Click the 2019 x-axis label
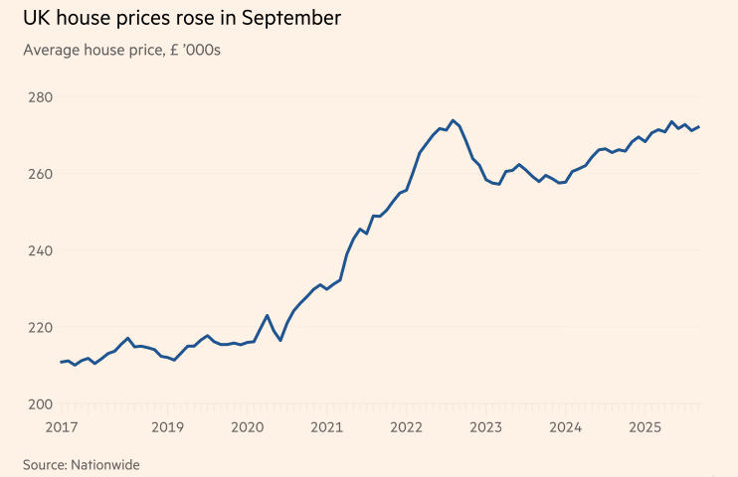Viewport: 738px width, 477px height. (x=167, y=427)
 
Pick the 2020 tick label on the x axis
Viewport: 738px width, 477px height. (x=247, y=427)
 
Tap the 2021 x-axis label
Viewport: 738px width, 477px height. (x=326, y=427)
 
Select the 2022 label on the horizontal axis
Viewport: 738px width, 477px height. (x=406, y=427)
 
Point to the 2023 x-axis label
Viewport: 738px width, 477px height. (x=485, y=427)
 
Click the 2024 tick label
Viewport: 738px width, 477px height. (x=565, y=427)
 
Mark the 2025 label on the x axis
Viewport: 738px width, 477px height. (x=645, y=427)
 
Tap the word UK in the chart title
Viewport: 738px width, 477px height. (x=36, y=18)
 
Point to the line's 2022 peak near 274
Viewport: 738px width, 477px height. (x=453, y=120)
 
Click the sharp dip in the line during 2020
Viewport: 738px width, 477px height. (x=280, y=341)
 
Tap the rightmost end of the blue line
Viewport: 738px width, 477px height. (x=699, y=126)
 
